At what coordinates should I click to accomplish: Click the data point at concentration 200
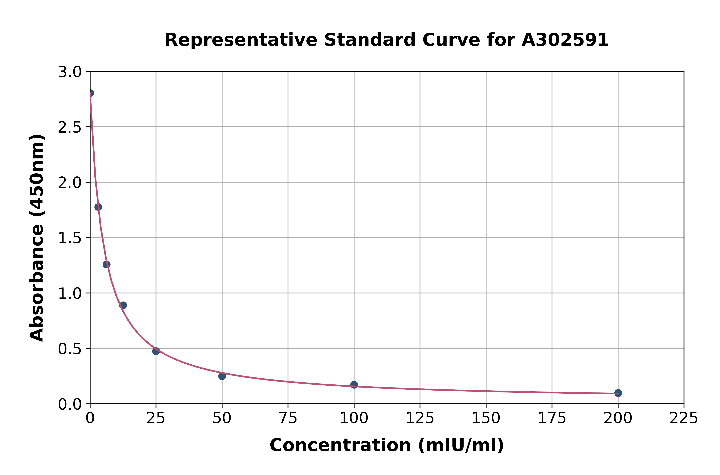pos(618,393)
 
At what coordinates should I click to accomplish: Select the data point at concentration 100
pos(354,384)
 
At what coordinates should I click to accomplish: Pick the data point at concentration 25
pos(156,351)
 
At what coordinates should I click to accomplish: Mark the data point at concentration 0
pos(90,93)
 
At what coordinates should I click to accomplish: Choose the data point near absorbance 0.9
pos(123,305)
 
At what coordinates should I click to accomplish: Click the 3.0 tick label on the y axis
pos(70,72)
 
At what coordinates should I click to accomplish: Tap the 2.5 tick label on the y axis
pos(70,127)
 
